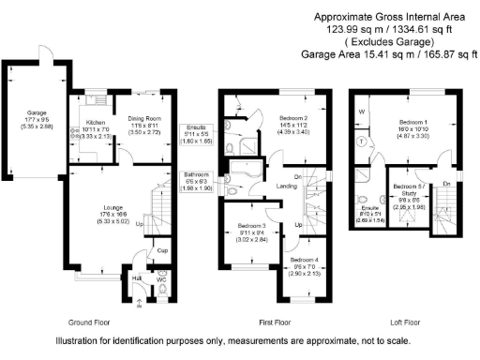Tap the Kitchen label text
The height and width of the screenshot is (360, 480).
coord(95,122)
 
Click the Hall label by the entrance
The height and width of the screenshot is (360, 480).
coord(136,277)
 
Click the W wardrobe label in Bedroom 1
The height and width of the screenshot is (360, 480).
coord(361,112)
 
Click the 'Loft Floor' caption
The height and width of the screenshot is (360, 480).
coord(398,321)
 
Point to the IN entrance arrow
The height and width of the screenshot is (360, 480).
coord(140,305)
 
